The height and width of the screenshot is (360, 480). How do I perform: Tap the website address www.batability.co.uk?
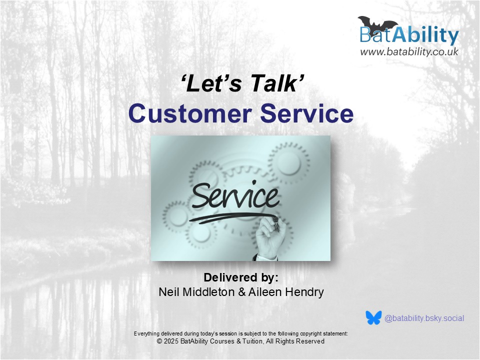(409, 51)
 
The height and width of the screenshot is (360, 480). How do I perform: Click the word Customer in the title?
(190, 113)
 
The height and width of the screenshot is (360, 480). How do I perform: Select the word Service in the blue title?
(306, 113)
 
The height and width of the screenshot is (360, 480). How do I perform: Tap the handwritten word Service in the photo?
(235, 195)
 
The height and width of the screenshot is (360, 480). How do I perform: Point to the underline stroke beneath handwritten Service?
(232, 217)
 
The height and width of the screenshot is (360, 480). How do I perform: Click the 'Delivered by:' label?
(241, 277)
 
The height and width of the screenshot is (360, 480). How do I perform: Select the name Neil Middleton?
(196, 292)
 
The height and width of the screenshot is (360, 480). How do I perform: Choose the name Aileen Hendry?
(286, 292)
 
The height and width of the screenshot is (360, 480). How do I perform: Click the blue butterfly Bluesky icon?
(374, 318)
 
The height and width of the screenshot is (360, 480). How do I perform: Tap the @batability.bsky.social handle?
(424, 318)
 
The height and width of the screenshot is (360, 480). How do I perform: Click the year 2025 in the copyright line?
(171, 341)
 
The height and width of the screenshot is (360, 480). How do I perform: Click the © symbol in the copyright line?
(159, 341)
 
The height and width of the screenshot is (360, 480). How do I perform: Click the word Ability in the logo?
(425, 36)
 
